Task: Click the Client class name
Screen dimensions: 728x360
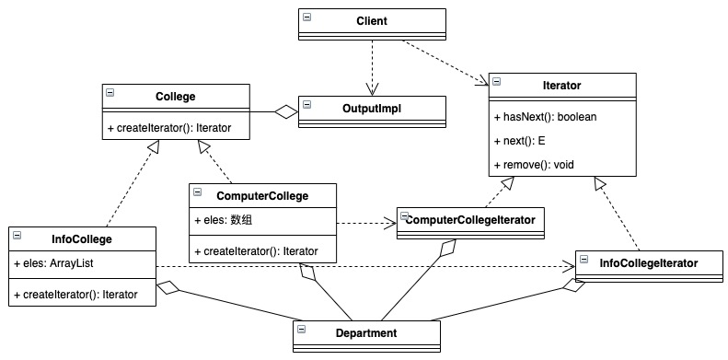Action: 372,21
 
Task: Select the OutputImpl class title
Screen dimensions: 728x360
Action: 372,109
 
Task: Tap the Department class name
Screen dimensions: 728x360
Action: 366,333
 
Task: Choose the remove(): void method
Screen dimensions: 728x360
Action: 535,165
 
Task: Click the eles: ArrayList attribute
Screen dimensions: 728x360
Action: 54,263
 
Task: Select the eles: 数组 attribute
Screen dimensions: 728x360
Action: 224,220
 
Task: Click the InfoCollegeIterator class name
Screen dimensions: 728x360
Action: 649,263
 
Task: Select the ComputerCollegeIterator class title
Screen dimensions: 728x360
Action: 470,220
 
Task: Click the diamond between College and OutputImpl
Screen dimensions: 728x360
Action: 285,112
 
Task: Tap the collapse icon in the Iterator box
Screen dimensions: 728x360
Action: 496,82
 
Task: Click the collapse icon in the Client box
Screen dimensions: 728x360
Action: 306,17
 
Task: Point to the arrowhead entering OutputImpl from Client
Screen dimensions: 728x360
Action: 372,89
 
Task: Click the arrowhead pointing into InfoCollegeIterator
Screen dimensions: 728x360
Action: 569,267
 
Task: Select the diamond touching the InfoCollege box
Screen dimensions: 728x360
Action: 168,287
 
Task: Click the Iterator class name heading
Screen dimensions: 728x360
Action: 561,86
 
